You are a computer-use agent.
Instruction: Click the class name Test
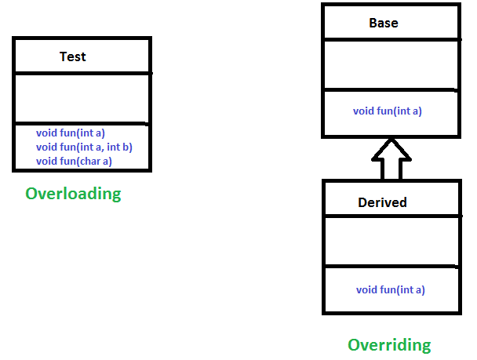(x=73, y=56)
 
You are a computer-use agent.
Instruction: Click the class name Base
(x=384, y=23)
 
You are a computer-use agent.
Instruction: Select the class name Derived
(x=382, y=202)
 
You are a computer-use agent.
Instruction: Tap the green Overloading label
(x=73, y=194)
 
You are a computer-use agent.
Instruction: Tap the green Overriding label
(x=389, y=344)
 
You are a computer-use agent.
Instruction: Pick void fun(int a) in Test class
(x=71, y=133)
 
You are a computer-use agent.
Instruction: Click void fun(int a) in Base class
(x=388, y=111)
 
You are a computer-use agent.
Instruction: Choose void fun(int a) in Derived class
(x=391, y=289)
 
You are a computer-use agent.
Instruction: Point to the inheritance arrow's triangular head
(x=390, y=148)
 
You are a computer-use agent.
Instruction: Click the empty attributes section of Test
(x=82, y=98)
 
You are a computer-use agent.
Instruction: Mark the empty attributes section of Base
(x=389, y=64)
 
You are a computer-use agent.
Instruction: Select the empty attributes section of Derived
(x=389, y=241)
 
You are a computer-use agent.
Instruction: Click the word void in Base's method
(x=363, y=111)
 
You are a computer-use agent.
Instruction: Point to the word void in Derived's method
(x=366, y=289)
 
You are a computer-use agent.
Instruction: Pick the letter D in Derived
(x=362, y=202)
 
